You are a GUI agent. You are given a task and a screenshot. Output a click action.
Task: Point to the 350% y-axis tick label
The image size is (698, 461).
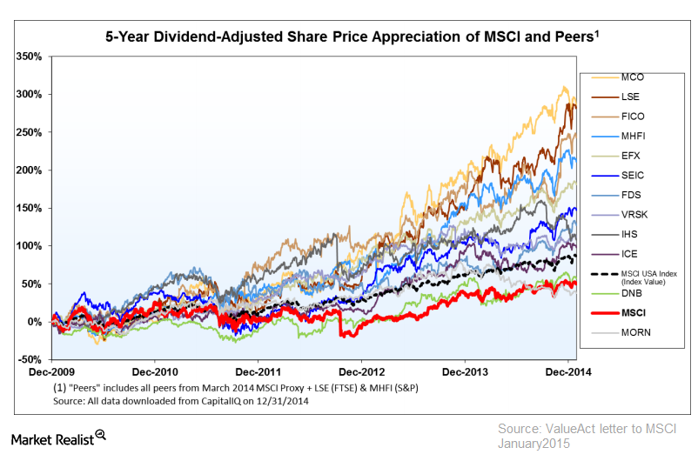tap(30, 57)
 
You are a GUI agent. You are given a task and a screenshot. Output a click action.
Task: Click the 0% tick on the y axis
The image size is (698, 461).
tap(36, 322)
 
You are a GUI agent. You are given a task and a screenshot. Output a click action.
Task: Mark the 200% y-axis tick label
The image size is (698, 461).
tap(30, 170)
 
